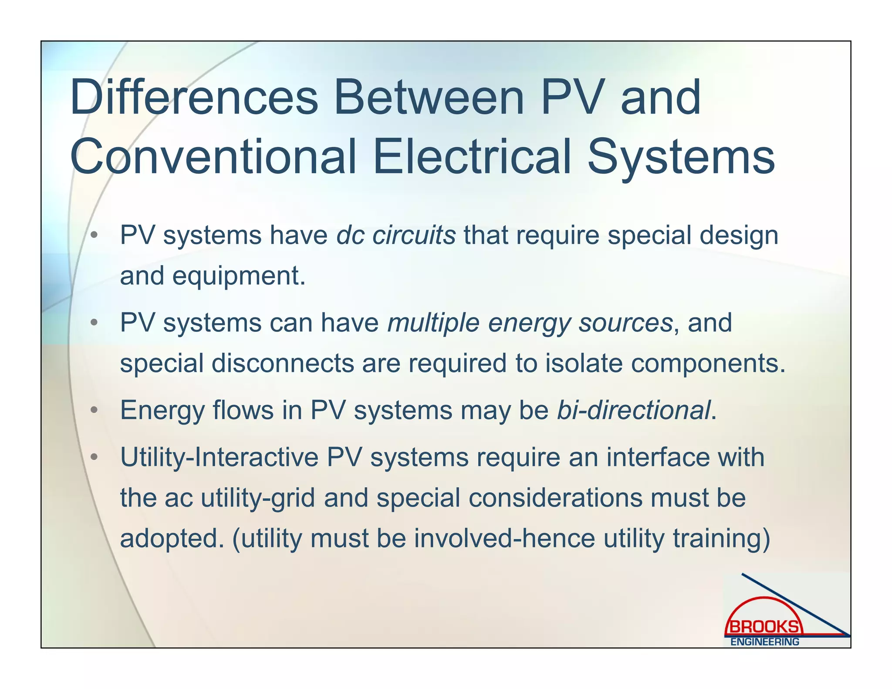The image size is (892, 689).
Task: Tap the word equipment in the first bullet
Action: pyautogui.click(x=239, y=276)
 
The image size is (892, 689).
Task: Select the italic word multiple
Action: pyautogui.click(x=433, y=323)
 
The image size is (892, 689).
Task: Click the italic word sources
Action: pyautogui.click(x=625, y=323)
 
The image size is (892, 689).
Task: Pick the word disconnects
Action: pyautogui.click(x=283, y=363)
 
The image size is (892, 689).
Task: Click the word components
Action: pyautogui.click(x=708, y=363)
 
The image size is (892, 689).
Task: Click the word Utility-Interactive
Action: pyautogui.click(x=219, y=457)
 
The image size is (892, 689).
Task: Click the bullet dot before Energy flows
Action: pyautogui.click(x=94, y=410)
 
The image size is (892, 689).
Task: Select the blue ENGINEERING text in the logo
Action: pyautogui.click(x=764, y=642)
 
